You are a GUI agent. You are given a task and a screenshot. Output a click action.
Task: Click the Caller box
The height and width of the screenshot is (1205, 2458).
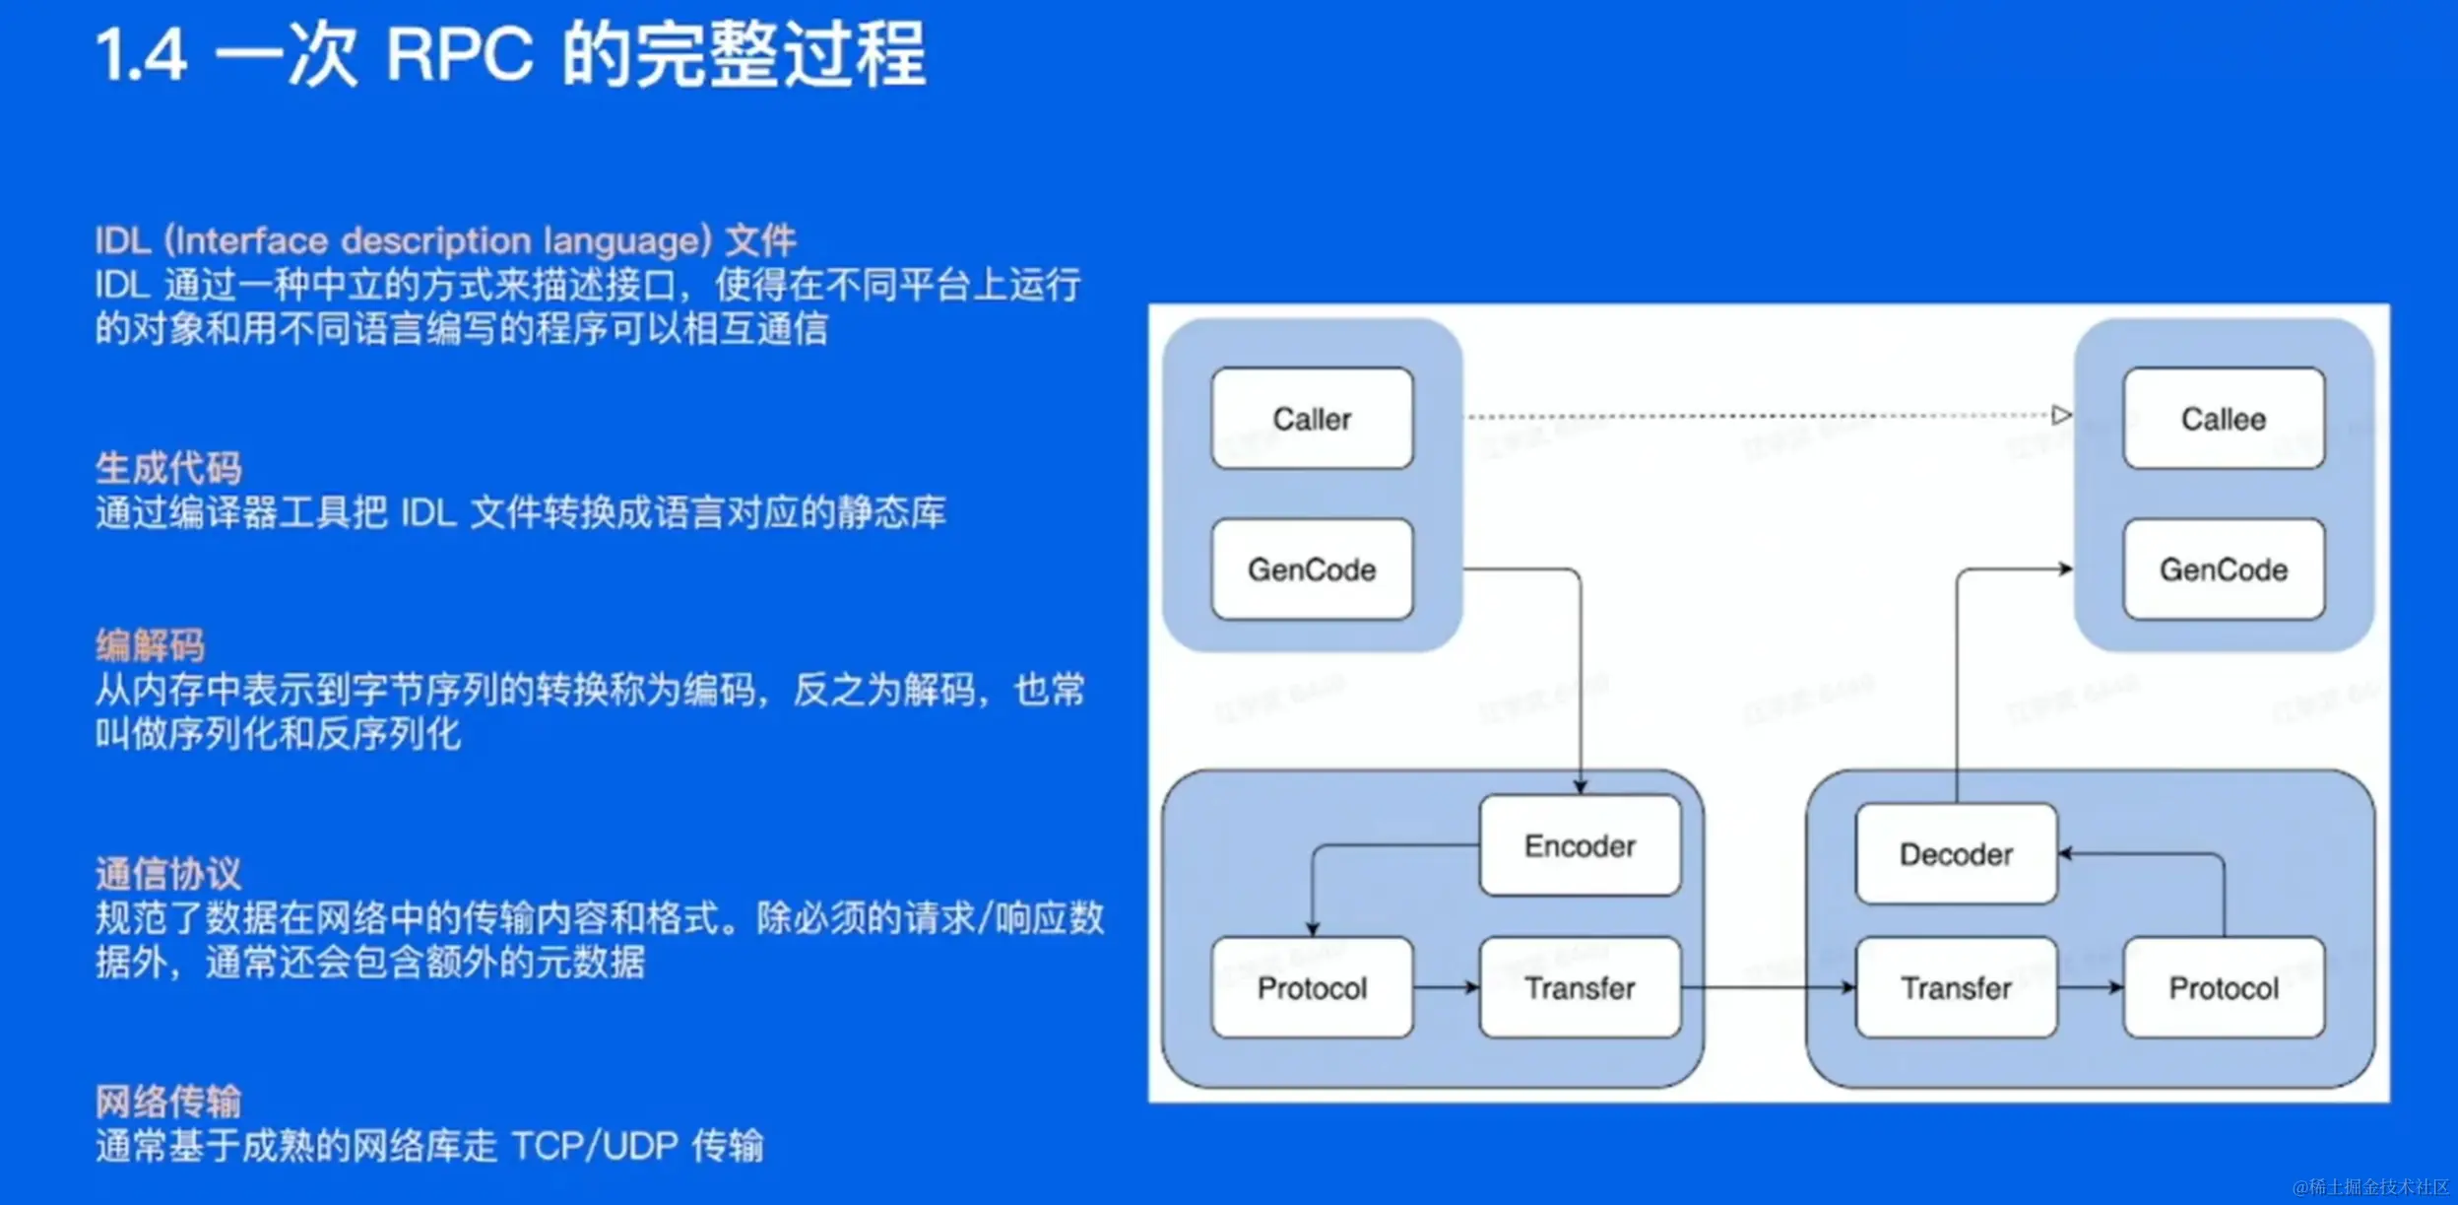1312,419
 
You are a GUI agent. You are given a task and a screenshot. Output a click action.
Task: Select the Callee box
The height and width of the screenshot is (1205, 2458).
2223,419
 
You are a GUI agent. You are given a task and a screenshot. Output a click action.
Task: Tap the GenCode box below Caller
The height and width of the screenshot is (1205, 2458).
1312,569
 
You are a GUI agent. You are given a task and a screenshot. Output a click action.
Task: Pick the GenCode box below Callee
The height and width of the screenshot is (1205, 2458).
2223,569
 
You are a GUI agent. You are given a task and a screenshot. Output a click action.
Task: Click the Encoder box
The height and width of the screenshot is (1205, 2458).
1580,845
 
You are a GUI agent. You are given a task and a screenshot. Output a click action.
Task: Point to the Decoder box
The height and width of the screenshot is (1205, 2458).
1956,854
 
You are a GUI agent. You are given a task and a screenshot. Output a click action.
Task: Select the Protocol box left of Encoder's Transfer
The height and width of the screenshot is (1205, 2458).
1312,987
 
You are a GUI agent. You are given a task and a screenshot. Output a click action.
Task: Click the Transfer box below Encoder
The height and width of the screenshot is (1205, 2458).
1580,987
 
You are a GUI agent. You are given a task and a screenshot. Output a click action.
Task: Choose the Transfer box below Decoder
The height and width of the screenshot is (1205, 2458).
1956,987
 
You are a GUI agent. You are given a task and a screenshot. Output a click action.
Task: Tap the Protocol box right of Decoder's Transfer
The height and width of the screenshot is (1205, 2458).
2223,987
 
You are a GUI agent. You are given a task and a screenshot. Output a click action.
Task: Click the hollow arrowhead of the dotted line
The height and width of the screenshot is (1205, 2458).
2061,415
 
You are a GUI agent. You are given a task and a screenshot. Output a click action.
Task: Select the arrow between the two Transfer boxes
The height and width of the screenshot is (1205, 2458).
1768,987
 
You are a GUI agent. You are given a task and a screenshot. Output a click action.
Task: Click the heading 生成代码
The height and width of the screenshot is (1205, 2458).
168,468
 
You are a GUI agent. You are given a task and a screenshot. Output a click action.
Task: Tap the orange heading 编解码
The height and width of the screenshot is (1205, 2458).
150,645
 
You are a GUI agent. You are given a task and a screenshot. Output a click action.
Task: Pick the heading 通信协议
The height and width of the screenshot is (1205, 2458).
168,874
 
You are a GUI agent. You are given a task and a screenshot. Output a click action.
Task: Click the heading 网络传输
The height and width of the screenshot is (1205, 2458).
168,1101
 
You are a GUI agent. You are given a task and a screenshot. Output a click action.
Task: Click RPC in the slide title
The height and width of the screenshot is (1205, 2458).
459,53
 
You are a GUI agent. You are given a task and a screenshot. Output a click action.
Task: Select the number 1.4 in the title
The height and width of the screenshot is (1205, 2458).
141,55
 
